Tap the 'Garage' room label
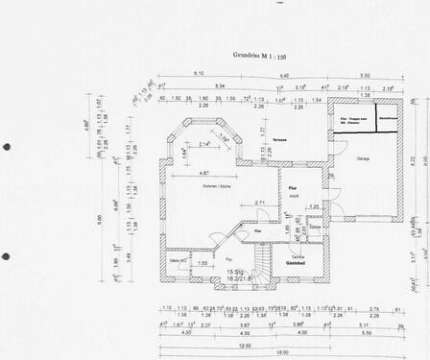tap(363, 156)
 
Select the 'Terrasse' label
tap(279, 139)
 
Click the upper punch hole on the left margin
tap(7, 147)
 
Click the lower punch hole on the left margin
tap(7, 257)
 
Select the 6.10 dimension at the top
tap(199, 74)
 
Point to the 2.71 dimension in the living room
tap(260, 203)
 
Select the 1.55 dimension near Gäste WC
tap(203, 262)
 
